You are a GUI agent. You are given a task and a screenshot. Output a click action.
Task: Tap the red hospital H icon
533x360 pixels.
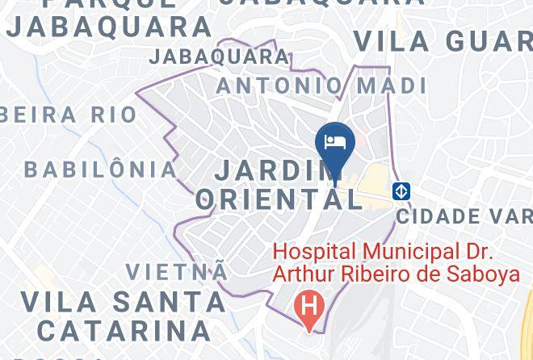click(308, 307)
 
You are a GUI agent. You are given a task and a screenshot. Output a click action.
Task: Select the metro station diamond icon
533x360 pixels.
click(402, 191)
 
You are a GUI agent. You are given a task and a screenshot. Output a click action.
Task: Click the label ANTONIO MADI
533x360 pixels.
click(321, 86)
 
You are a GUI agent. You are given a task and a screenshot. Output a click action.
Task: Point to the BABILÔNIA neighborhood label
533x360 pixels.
click(100, 170)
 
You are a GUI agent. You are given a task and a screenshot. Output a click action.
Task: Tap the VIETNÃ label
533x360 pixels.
click(177, 271)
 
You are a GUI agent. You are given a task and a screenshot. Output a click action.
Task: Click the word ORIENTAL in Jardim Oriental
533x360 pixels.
click(279, 199)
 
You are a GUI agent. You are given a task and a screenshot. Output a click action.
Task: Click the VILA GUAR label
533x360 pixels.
click(443, 40)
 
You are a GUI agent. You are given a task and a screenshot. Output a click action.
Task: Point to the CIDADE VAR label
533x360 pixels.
click(464, 216)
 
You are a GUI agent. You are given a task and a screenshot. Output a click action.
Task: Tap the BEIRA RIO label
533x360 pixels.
click(69, 115)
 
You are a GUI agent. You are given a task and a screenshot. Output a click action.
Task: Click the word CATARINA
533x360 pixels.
click(124, 331)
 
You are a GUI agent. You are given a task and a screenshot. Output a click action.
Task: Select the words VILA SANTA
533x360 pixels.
click(123, 302)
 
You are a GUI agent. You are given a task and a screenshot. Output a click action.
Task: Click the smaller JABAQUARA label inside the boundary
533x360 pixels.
click(219, 57)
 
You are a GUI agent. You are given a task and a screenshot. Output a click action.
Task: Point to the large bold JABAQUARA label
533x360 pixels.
click(109, 27)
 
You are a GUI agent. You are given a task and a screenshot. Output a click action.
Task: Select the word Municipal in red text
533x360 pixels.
click(407, 253)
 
